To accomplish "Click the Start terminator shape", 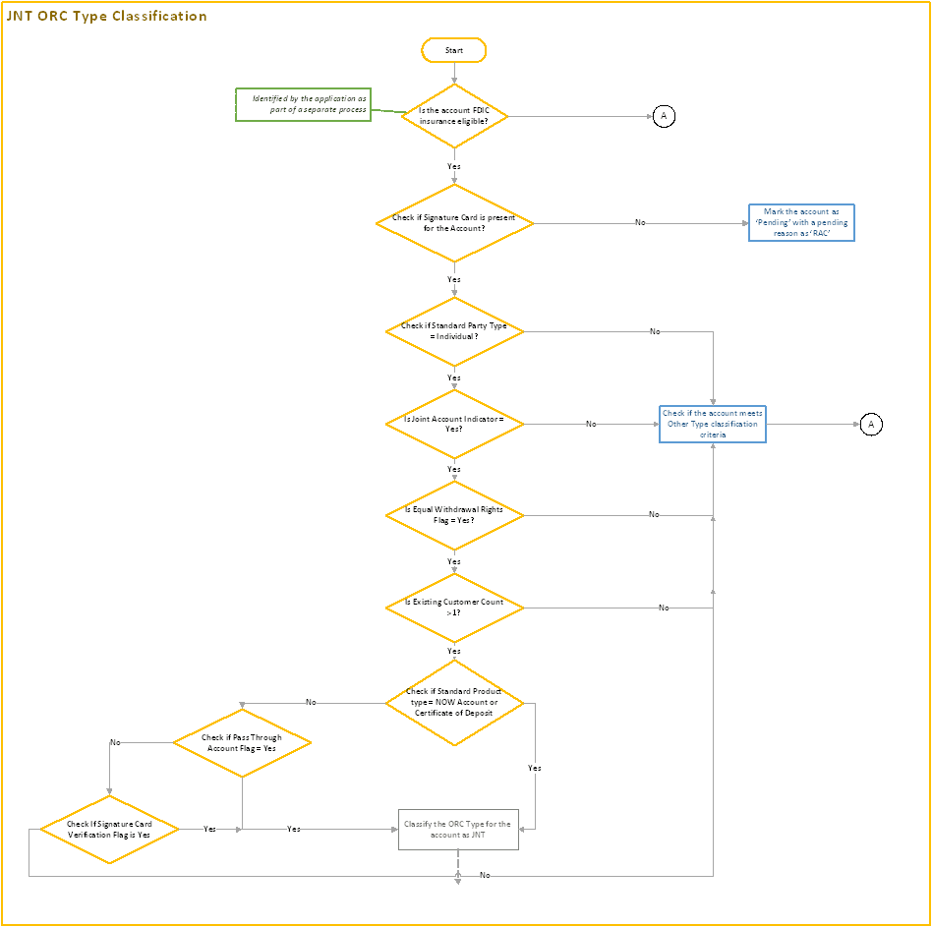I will pyautogui.click(x=453, y=49).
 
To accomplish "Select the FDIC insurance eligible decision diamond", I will pyautogui.click(x=453, y=116).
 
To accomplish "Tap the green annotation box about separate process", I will pyautogui.click(x=303, y=104).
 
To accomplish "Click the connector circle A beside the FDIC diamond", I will pyautogui.click(x=664, y=116).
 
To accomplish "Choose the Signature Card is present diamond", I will pyautogui.click(x=454, y=223).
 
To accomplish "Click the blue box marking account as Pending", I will pyautogui.click(x=801, y=223).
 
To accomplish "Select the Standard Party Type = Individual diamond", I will pyautogui.click(x=454, y=331).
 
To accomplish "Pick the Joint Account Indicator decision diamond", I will pyautogui.click(x=454, y=424).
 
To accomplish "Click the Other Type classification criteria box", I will pyautogui.click(x=713, y=424).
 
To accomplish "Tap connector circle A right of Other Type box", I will pyautogui.click(x=871, y=424).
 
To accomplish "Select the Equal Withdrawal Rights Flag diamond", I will pyautogui.click(x=454, y=515).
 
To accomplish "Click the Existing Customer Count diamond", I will pyautogui.click(x=454, y=608).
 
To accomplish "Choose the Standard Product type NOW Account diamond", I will pyautogui.click(x=454, y=702).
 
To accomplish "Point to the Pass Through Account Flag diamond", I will pyautogui.click(x=242, y=742).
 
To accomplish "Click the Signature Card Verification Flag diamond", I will pyautogui.click(x=109, y=829).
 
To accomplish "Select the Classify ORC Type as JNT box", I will pyautogui.click(x=458, y=829).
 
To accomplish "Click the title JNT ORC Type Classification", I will pyautogui.click(x=107, y=16).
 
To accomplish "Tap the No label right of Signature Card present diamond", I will pyautogui.click(x=640, y=223).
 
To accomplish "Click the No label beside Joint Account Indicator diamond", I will pyautogui.click(x=591, y=424).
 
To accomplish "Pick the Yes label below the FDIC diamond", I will pyautogui.click(x=453, y=166).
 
